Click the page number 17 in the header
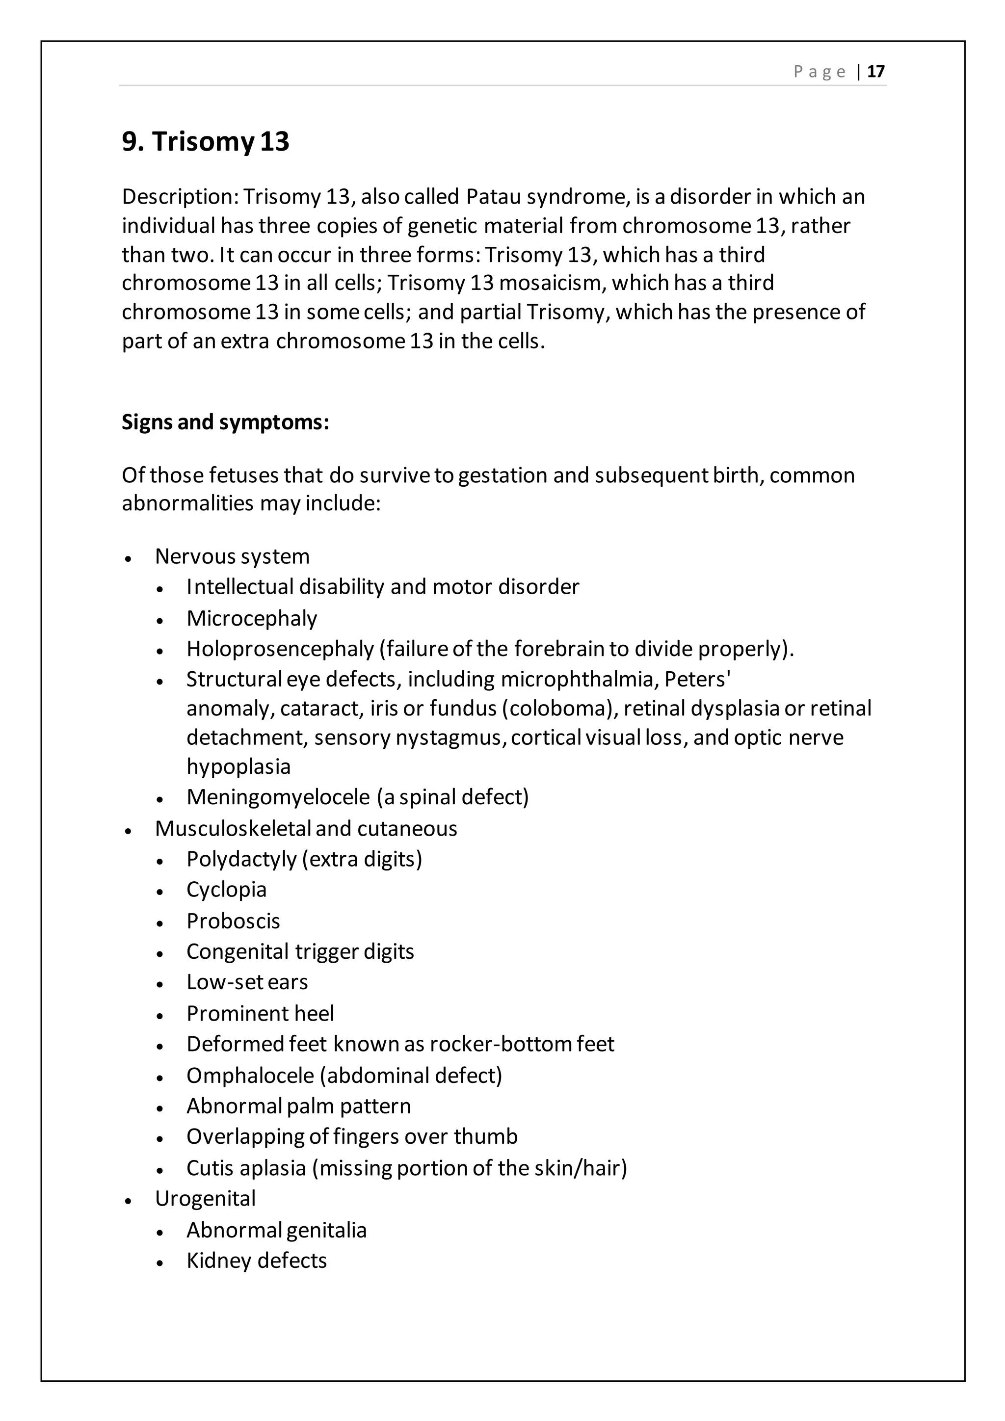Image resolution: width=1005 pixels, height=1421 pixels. (x=875, y=71)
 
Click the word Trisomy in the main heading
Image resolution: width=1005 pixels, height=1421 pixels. (x=203, y=142)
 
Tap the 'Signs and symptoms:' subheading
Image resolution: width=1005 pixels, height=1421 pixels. (x=225, y=422)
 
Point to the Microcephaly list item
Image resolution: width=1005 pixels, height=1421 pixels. (x=252, y=618)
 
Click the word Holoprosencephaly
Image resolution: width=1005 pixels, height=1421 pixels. (x=280, y=649)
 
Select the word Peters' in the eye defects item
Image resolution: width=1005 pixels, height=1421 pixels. (x=697, y=680)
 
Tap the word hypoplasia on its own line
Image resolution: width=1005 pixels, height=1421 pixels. (x=238, y=767)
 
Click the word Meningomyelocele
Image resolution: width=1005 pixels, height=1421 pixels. (x=278, y=797)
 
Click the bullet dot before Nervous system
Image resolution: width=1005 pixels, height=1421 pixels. (x=128, y=558)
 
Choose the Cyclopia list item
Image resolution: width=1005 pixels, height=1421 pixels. (x=227, y=890)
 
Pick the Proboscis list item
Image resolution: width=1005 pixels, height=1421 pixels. (x=233, y=921)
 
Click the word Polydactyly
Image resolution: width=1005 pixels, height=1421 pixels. (x=241, y=860)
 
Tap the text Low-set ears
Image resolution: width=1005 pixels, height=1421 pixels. (x=247, y=982)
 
